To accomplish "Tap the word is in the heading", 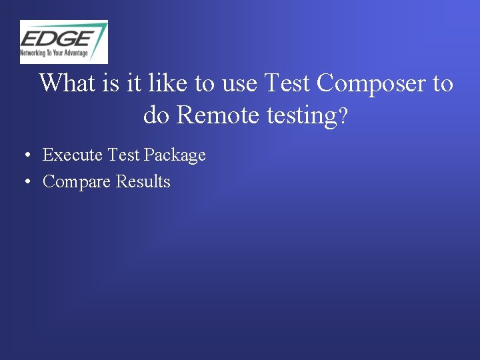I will pos(112,83).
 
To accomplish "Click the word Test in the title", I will pos(287,83).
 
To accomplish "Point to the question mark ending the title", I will pos(343,117).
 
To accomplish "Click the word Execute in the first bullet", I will pos(72,155).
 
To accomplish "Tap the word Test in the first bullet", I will pos(123,155).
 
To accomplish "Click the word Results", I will pos(143,181).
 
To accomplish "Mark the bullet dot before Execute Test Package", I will pos(25,156).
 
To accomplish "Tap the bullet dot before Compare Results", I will pos(25,182).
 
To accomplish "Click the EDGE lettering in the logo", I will pos(56,36).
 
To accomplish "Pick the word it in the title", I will pos(134,83).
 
